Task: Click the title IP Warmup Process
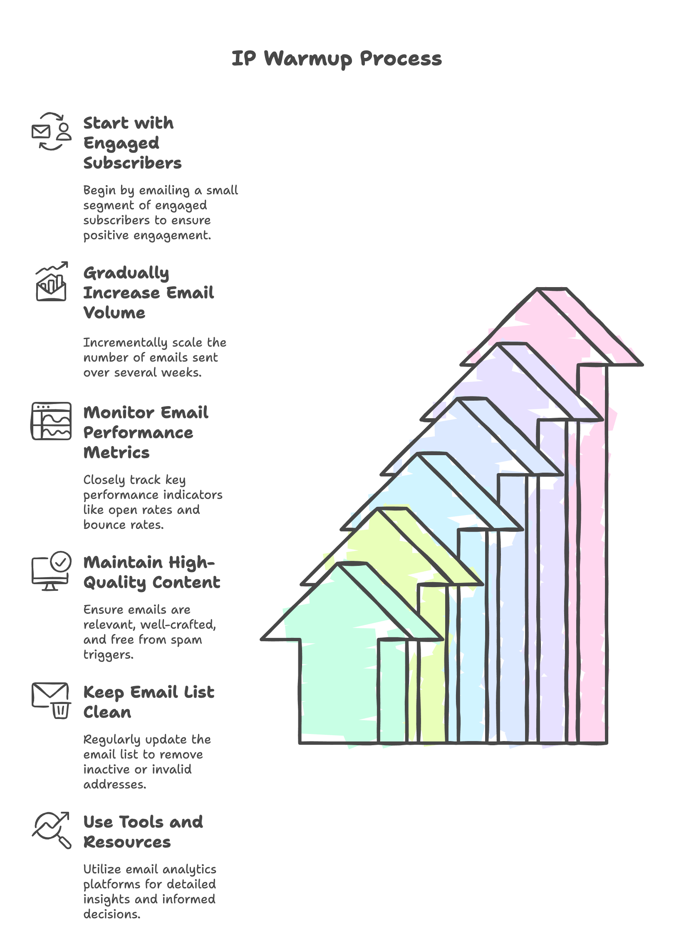(337, 59)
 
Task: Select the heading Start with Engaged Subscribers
(133, 143)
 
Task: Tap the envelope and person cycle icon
(52, 131)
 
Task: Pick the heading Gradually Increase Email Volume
(149, 293)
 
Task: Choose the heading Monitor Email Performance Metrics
(146, 432)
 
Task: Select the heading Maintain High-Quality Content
(151, 572)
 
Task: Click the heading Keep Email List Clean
(149, 702)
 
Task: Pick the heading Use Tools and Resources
(143, 832)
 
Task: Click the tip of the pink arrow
(552, 288)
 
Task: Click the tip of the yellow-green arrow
(392, 508)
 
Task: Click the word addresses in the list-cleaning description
(115, 784)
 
